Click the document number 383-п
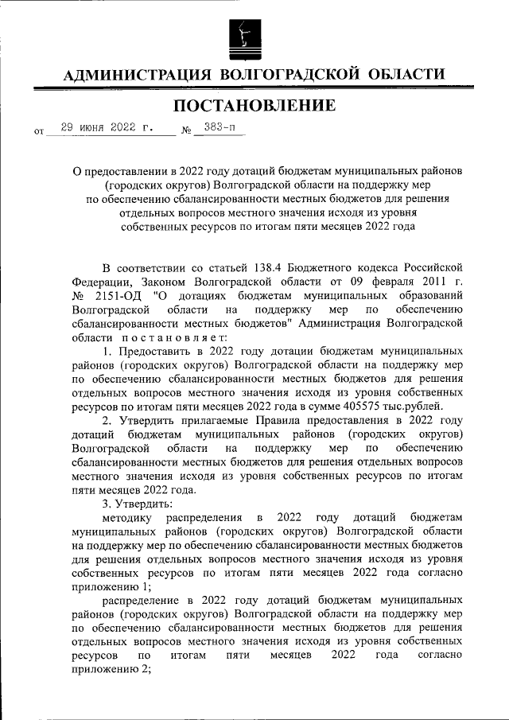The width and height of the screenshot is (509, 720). click(214, 127)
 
